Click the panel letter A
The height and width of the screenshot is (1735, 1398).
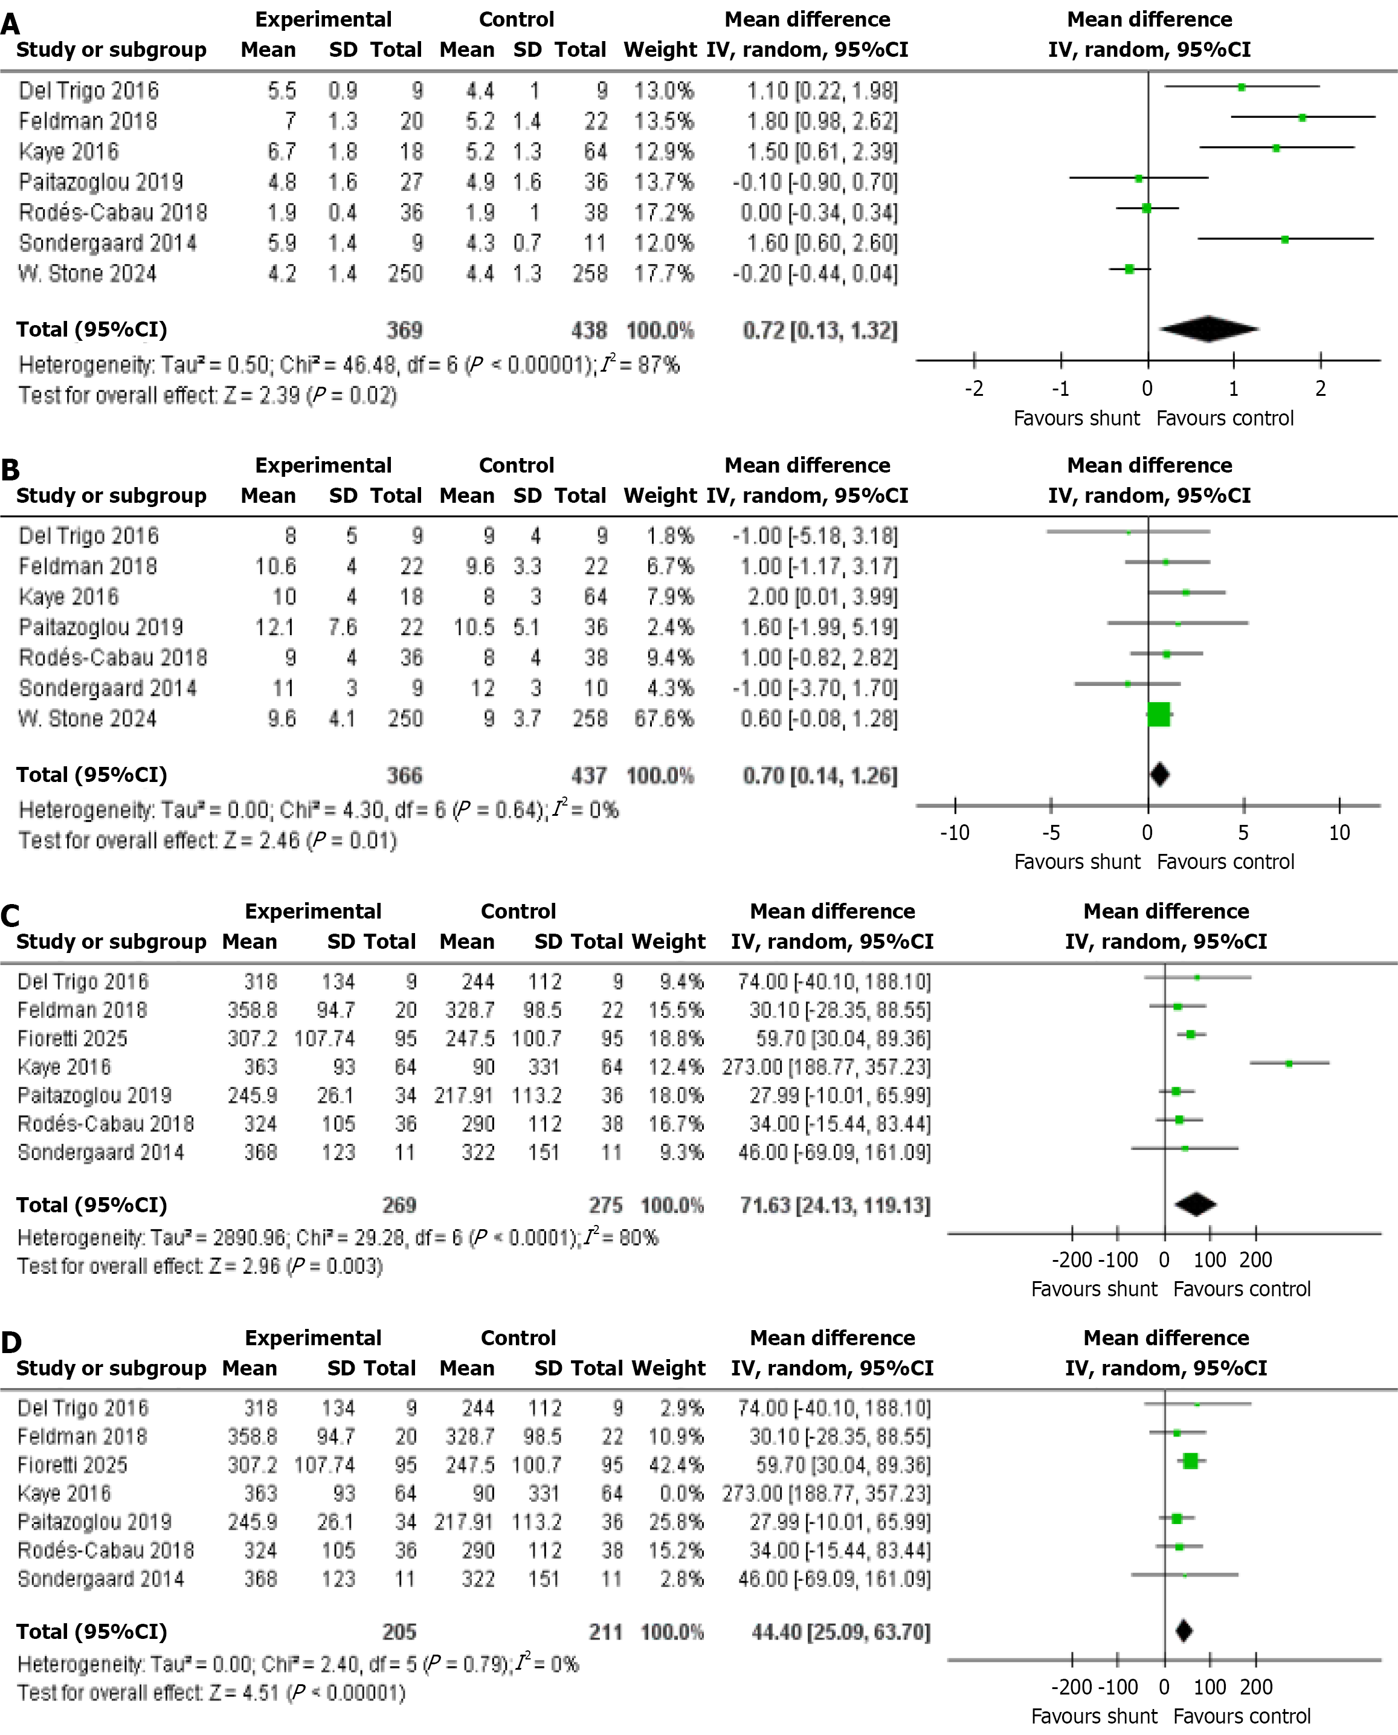pyautogui.click(x=10, y=24)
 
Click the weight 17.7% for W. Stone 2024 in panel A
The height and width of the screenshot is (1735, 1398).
pyautogui.click(x=663, y=274)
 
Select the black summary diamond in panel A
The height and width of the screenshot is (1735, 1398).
pyautogui.click(x=1209, y=329)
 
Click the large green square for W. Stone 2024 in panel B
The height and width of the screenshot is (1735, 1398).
pyautogui.click(x=1159, y=714)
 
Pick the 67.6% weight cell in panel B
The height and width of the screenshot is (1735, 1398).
pyautogui.click(x=663, y=719)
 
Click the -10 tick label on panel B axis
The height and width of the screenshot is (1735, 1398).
pyautogui.click(x=955, y=833)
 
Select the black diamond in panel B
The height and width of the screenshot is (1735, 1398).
pyautogui.click(x=1159, y=775)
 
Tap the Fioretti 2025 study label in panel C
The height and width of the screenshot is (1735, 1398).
pyautogui.click(x=72, y=1039)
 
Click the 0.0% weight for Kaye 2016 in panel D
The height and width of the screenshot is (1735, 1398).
pyautogui.click(x=681, y=1494)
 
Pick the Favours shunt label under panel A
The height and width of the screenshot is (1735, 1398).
pyautogui.click(x=1076, y=419)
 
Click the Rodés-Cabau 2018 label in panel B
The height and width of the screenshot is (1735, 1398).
pyautogui.click(x=113, y=658)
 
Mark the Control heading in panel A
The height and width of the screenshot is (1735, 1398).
pyautogui.click(x=516, y=19)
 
